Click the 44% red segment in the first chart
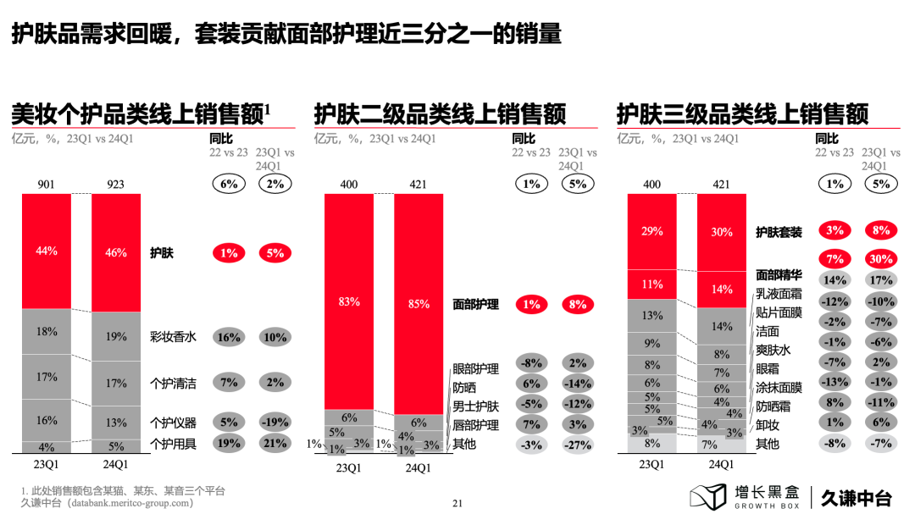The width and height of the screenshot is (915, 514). pyautogui.click(x=47, y=251)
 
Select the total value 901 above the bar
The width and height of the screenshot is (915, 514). pyautogui.click(x=47, y=184)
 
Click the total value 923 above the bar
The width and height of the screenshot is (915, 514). pyautogui.click(x=116, y=184)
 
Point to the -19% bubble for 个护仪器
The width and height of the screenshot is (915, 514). pyautogui.click(x=274, y=422)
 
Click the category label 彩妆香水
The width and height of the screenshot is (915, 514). pyautogui.click(x=173, y=337)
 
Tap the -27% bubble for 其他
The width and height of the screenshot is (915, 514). pyautogui.click(x=577, y=444)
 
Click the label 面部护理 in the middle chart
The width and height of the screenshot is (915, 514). pyautogui.click(x=475, y=304)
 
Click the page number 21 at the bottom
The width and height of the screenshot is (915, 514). pyautogui.click(x=458, y=503)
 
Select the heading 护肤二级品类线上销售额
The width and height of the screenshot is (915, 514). pyautogui.click(x=440, y=113)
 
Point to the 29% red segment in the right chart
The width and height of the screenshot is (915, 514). pyautogui.click(x=652, y=231)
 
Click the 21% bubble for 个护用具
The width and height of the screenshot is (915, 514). pyautogui.click(x=274, y=443)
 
